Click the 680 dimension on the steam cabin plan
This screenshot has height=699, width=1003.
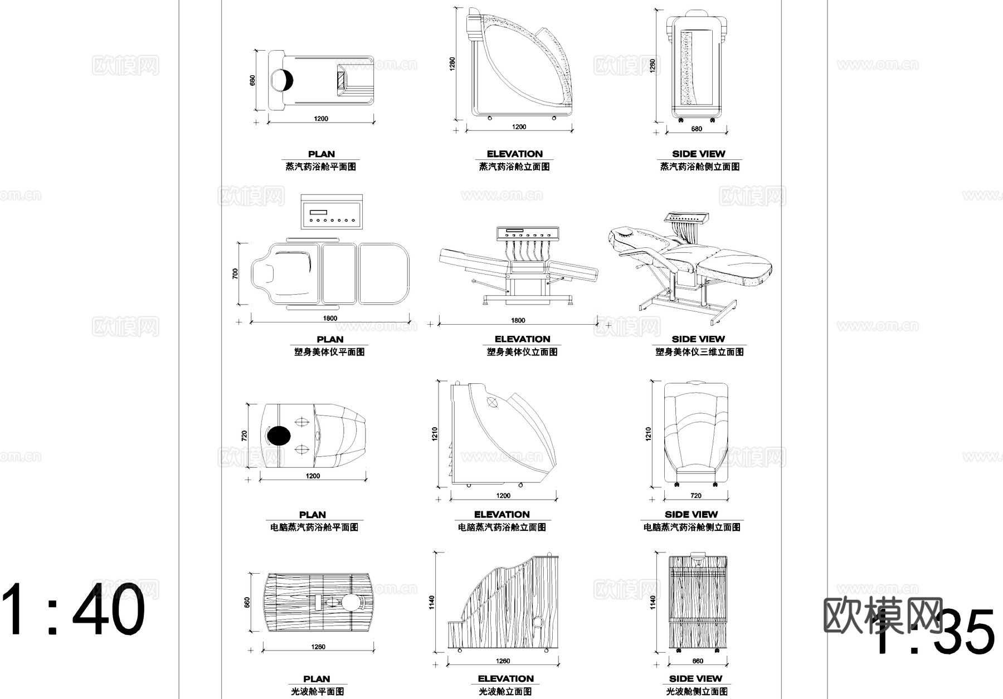click(x=252, y=80)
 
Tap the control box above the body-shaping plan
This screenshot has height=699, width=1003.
click(x=331, y=212)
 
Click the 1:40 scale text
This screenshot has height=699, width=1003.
click(x=74, y=610)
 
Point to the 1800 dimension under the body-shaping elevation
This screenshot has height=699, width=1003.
click(x=518, y=320)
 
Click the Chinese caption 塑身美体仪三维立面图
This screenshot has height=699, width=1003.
click(x=699, y=352)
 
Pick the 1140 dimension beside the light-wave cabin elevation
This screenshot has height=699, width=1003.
click(x=432, y=602)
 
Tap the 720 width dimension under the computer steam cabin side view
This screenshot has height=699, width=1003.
click(x=696, y=496)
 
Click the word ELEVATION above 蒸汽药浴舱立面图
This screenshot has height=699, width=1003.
click(x=514, y=154)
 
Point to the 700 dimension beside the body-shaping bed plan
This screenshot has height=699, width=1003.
click(x=235, y=273)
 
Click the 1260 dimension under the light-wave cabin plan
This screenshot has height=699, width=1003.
click(x=318, y=647)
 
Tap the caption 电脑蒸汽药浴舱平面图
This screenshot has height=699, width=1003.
click(x=314, y=527)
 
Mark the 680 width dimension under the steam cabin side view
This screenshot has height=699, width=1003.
click(x=697, y=129)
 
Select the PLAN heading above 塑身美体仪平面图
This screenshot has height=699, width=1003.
click(x=330, y=339)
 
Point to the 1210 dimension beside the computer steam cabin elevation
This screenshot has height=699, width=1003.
click(x=435, y=434)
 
